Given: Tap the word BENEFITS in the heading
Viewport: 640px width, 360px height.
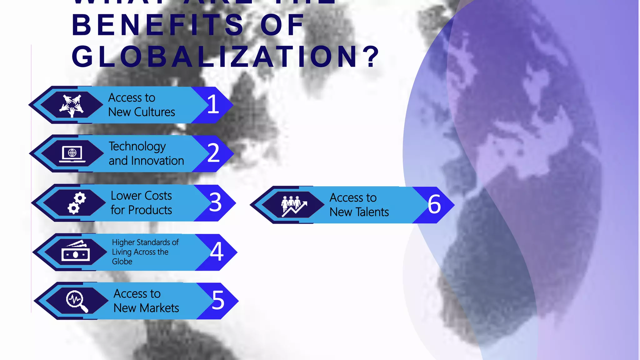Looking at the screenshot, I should (158, 25).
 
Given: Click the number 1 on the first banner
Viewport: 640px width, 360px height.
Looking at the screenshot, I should (213, 104).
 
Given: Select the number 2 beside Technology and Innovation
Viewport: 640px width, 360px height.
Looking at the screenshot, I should (214, 153).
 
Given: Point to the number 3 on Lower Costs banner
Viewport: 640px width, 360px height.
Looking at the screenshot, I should (215, 202).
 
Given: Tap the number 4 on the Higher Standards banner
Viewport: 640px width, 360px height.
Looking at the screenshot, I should (217, 251).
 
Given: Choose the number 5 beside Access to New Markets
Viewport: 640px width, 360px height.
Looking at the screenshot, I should (218, 300).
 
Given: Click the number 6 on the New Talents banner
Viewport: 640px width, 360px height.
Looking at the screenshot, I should (434, 204).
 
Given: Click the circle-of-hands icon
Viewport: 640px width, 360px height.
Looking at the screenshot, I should (72, 105).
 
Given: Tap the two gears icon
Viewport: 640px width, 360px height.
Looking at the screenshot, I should (76, 203).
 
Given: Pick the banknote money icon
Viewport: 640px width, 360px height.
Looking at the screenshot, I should (75, 252).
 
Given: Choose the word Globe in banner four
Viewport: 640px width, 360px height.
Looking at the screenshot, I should (122, 262).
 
